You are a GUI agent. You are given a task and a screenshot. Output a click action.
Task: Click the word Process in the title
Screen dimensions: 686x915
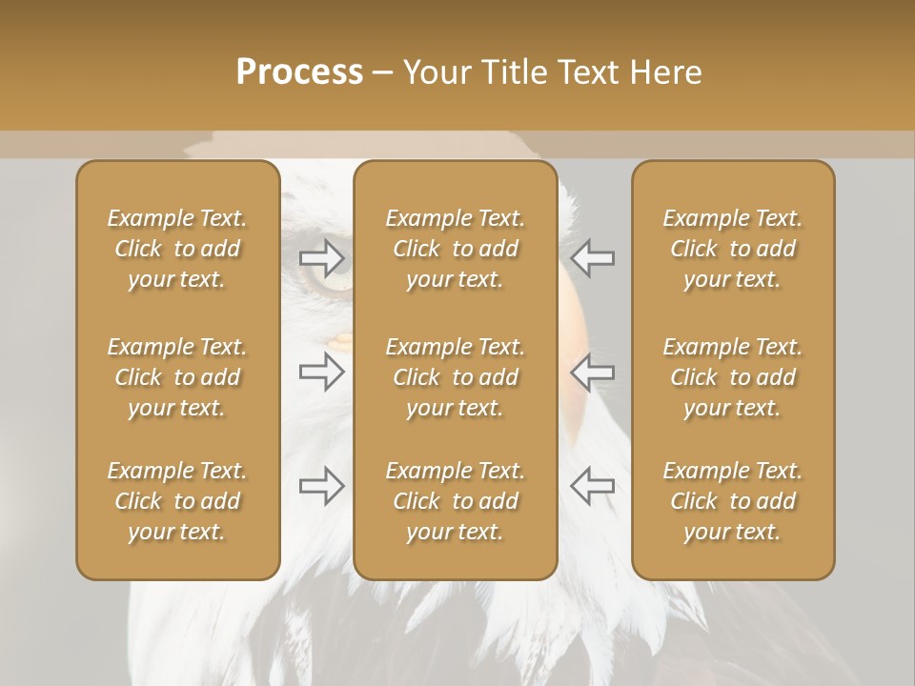(x=299, y=72)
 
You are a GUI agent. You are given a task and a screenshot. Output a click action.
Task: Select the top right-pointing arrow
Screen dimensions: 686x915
(x=322, y=257)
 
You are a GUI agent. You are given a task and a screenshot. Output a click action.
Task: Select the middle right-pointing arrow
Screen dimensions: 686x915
(x=322, y=372)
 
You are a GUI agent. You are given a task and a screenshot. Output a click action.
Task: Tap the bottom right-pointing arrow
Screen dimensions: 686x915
(x=322, y=486)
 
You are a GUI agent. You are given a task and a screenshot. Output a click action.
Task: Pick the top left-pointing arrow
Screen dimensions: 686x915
(x=592, y=257)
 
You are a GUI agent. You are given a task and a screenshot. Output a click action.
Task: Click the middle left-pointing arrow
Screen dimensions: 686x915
(x=592, y=372)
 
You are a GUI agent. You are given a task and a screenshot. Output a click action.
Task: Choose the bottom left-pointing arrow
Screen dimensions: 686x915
(x=592, y=486)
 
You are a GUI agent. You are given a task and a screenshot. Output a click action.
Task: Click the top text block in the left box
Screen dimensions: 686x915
(x=177, y=249)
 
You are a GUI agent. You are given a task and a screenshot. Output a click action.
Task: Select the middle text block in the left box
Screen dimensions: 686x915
(x=177, y=377)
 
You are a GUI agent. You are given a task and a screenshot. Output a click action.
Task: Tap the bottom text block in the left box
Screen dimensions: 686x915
(x=177, y=501)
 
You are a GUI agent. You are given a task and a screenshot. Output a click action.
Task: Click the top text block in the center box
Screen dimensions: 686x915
(x=456, y=249)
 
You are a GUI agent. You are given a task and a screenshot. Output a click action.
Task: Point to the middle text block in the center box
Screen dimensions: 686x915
(x=456, y=377)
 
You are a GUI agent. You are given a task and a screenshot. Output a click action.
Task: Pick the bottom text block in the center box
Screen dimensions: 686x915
(x=456, y=501)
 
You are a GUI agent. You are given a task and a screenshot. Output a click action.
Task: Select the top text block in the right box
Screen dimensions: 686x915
(x=733, y=249)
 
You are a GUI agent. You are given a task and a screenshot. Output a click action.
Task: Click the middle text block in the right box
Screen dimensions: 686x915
(x=733, y=377)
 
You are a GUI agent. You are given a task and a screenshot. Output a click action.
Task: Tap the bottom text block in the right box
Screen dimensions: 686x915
(x=733, y=501)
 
